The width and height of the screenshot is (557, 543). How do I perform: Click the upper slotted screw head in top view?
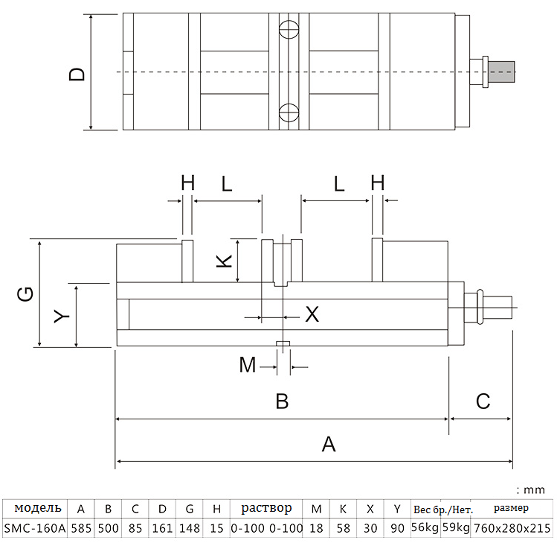pyautogui.click(x=289, y=31)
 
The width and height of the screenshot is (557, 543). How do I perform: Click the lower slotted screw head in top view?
pyautogui.click(x=289, y=113)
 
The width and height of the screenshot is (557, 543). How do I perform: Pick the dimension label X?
pyautogui.click(x=312, y=314)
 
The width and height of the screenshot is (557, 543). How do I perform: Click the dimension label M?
pyautogui.click(x=248, y=365)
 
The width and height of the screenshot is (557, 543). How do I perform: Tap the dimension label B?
pyautogui.click(x=282, y=401)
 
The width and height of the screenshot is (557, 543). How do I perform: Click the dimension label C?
pyautogui.click(x=483, y=401)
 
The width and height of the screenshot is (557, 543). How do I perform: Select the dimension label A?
pyautogui.click(x=329, y=444)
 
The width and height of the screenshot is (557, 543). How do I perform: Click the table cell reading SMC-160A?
pyautogui.click(x=35, y=528)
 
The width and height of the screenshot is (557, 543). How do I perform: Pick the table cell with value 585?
pyautogui.click(x=81, y=528)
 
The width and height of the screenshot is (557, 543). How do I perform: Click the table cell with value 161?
pyautogui.click(x=162, y=528)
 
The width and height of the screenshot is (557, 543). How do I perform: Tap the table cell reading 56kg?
pyautogui.click(x=425, y=528)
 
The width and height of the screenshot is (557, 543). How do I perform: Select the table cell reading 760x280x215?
pyautogui.click(x=512, y=528)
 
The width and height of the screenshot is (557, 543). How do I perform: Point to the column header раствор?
pyautogui.click(x=266, y=509)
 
